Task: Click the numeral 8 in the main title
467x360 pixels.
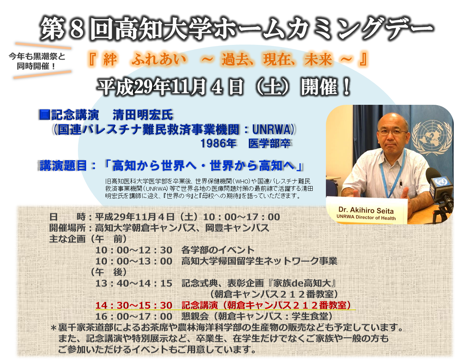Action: point(77,29)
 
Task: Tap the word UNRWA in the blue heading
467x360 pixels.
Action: point(271,129)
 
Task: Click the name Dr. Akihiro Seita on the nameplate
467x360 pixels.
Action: point(366,210)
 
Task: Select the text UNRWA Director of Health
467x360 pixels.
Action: point(366,217)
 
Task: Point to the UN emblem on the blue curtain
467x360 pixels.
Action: point(432,137)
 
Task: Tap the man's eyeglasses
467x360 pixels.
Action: point(392,132)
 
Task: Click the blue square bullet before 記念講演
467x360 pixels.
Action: point(45,114)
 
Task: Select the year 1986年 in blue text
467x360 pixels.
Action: point(218,143)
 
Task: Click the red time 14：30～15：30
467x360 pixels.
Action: point(134,305)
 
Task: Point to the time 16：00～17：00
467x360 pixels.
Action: point(134,317)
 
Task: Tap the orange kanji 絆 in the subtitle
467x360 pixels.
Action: point(110,59)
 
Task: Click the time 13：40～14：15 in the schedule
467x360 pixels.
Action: point(134,283)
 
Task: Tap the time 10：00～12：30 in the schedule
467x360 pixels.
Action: point(134,250)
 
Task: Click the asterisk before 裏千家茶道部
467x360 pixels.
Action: point(53,328)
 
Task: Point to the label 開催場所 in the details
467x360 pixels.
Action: point(68,228)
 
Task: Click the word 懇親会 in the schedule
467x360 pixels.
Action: point(195,317)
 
